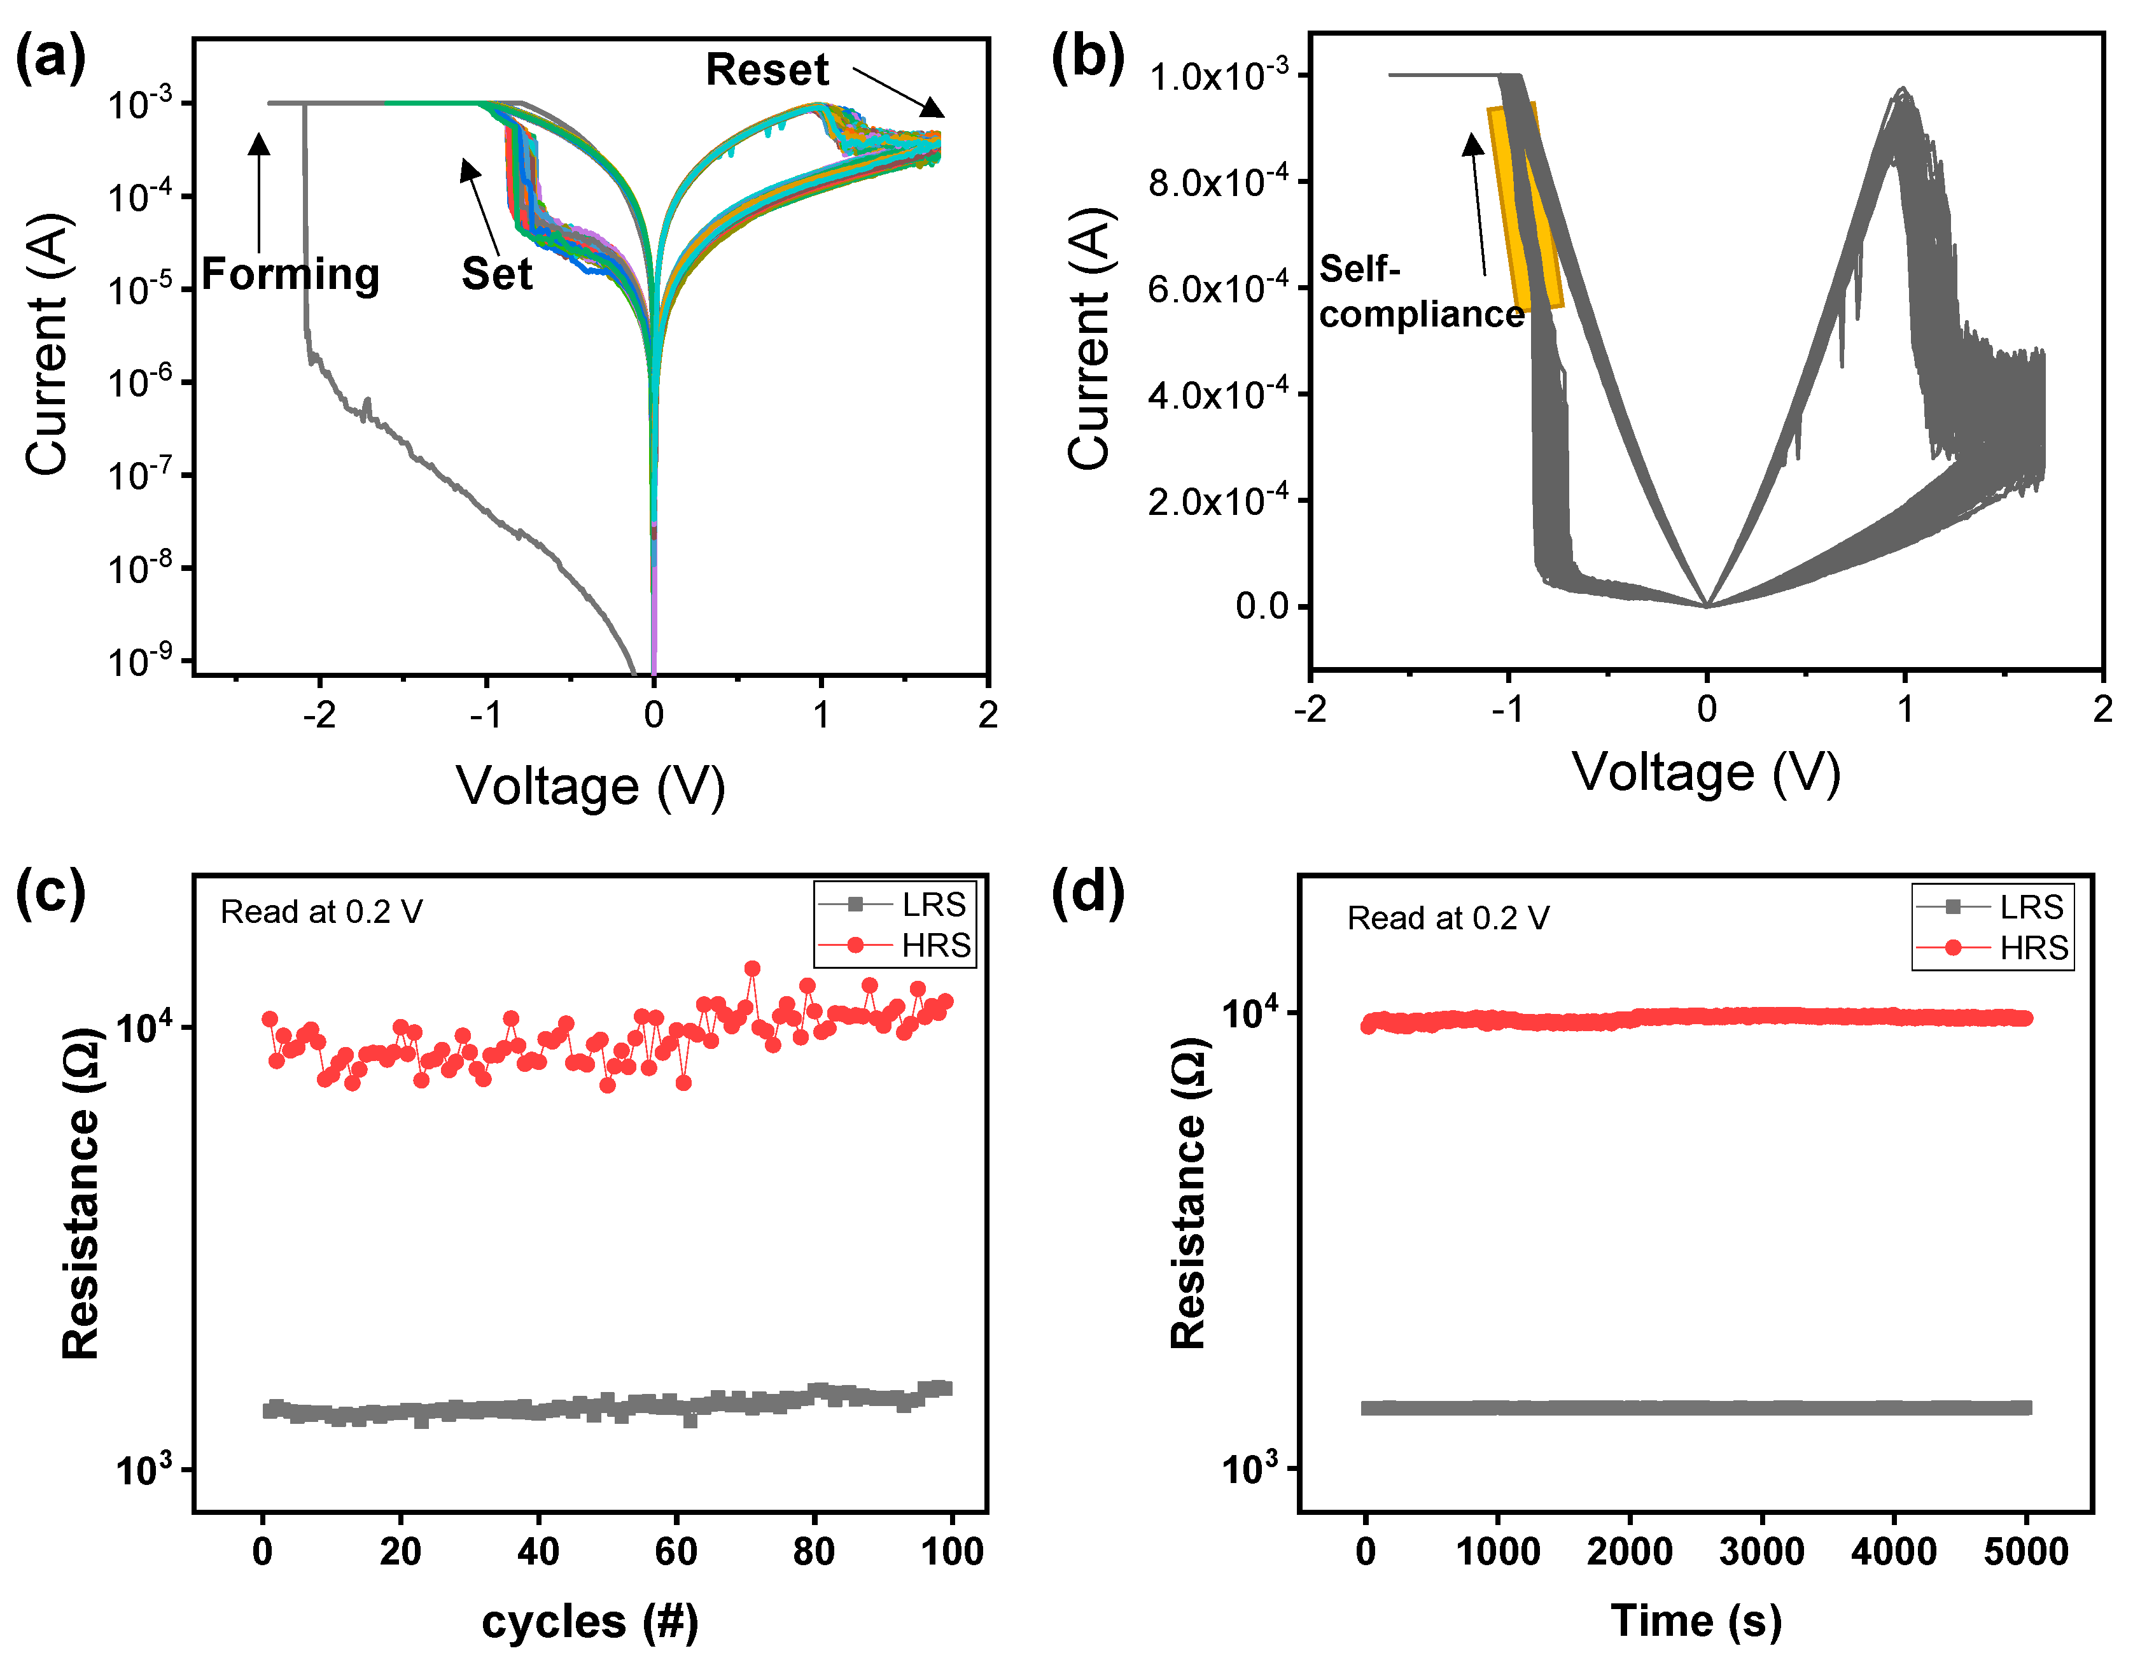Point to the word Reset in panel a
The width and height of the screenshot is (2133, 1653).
[767, 71]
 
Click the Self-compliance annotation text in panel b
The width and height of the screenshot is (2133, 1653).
[1421, 291]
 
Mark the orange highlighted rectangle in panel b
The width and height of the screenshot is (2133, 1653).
[1525, 207]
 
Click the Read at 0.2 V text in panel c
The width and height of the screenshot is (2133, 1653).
[321, 911]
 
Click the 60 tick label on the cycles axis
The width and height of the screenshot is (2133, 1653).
[676, 1551]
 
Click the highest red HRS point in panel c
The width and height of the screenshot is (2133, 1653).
[752, 968]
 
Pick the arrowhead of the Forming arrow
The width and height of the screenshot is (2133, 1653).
[259, 144]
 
